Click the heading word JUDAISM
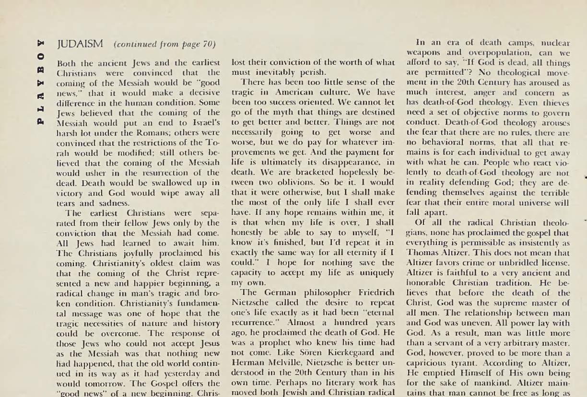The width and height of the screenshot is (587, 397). point(80,44)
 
